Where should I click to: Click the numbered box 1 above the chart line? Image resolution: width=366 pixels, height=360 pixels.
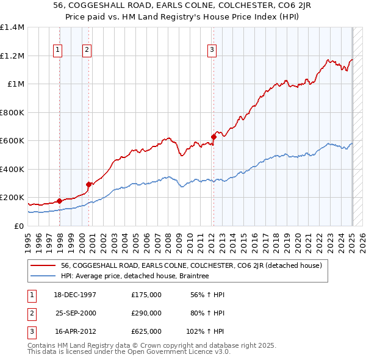click(57, 51)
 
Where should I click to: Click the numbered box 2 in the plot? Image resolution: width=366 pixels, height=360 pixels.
click(87, 51)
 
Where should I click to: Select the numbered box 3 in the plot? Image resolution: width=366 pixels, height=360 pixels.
click(212, 51)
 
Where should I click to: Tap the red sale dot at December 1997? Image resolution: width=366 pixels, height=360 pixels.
click(60, 201)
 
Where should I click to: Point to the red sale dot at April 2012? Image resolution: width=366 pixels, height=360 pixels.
click(213, 137)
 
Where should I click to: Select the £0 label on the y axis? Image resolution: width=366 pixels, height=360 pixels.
click(18, 226)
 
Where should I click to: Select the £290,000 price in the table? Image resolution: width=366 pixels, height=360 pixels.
click(146, 313)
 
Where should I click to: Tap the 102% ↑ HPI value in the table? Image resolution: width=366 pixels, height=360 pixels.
click(206, 331)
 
